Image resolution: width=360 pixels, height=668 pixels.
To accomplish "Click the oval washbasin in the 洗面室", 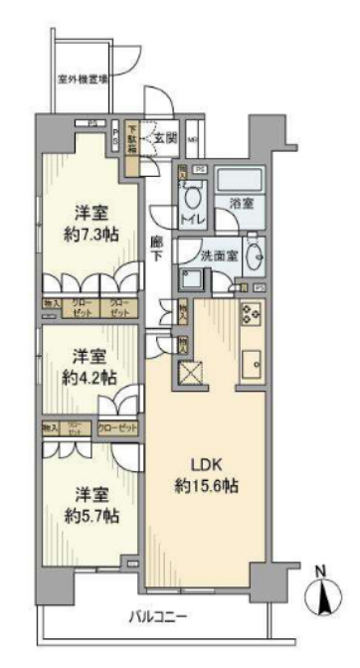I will [x=254, y=255].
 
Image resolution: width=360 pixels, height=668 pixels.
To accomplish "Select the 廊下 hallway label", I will [x=157, y=249].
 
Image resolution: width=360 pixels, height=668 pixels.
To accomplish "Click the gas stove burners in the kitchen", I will [x=249, y=317].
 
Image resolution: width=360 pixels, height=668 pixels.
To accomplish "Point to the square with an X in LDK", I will [x=190, y=375].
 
